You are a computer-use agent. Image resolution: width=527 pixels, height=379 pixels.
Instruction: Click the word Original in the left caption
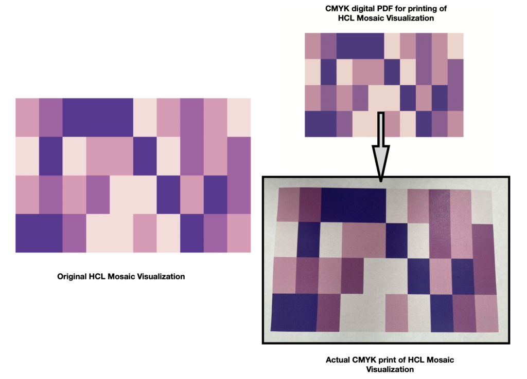pos(72,277)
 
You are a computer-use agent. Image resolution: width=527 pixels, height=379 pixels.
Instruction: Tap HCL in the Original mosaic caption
pos(96,276)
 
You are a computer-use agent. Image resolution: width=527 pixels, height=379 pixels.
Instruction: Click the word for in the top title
pos(400,9)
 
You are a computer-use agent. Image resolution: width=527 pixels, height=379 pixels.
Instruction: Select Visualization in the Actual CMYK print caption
pos(390,370)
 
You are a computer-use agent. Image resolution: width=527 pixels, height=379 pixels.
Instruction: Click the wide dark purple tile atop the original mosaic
pos(98,118)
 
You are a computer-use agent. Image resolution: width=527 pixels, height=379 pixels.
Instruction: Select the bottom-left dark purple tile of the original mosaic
pos(39,233)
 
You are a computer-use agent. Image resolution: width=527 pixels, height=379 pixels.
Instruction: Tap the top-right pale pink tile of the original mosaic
pos(239,118)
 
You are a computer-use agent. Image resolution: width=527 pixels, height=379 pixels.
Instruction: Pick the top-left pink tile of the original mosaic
pos(27,118)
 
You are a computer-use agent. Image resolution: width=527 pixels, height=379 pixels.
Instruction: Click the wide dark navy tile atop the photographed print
pos(354,205)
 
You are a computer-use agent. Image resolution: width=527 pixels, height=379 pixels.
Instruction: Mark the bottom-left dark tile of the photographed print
pos(294,312)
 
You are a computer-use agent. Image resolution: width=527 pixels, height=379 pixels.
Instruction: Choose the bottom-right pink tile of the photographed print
pos(487,314)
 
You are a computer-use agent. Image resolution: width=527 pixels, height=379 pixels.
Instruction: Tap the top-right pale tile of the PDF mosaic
pos(455,46)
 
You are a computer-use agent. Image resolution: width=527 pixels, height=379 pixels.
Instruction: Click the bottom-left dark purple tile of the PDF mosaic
pos(321,124)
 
